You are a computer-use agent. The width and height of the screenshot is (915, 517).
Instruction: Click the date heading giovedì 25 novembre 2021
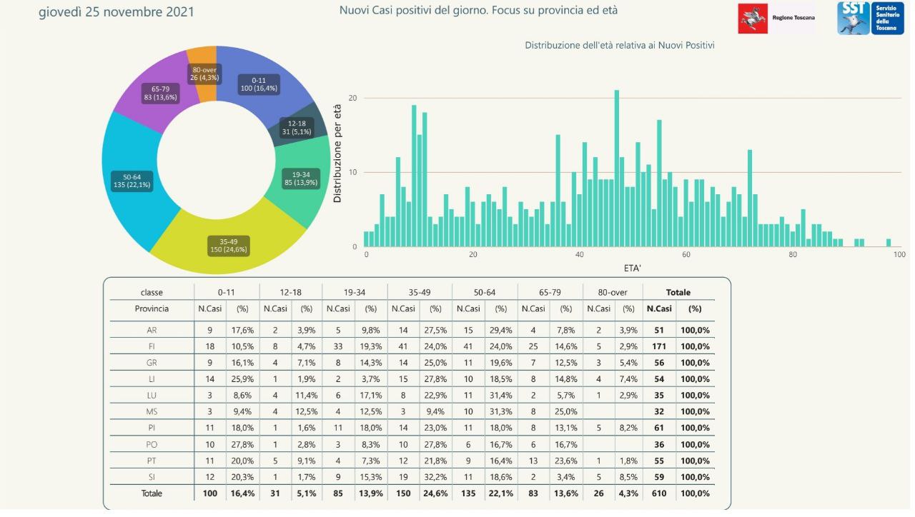(116, 12)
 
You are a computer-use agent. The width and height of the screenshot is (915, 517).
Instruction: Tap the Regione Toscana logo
(776, 18)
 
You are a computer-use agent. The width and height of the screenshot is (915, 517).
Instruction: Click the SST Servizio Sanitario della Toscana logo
(871, 18)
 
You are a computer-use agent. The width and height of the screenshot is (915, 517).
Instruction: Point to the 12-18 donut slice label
(297, 127)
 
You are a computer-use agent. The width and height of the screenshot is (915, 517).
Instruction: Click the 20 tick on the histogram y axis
(352, 98)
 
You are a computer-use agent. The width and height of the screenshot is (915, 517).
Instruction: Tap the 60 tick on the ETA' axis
(686, 255)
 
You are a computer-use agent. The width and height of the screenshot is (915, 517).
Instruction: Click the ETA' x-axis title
(631, 268)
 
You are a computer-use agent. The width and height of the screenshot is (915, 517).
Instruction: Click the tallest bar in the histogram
(616, 169)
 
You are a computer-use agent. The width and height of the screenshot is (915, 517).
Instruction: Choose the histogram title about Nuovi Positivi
(620, 45)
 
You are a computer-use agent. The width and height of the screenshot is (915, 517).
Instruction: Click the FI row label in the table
(152, 346)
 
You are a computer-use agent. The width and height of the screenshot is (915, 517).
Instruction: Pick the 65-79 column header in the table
(550, 292)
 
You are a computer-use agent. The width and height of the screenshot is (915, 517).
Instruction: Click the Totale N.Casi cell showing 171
(658, 346)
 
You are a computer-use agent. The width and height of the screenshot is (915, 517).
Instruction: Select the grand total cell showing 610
(658, 493)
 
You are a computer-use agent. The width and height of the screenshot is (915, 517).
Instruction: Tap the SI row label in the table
(152, 477)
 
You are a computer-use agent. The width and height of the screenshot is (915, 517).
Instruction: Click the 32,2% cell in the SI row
(435, 477)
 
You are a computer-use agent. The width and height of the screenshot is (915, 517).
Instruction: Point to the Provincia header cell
(152, 308)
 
